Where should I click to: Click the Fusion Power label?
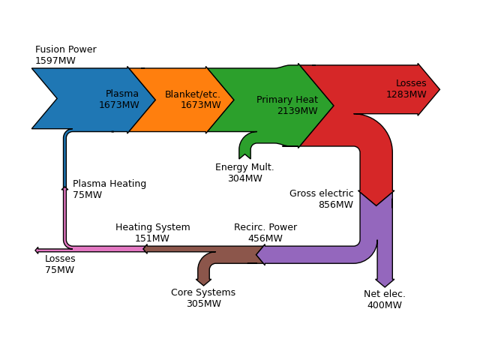pos(66,49)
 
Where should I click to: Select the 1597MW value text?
pos(55,61)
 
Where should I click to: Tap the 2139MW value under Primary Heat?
pos(298,111)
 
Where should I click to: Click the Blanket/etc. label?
pos(193,94)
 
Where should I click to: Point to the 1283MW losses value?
pos(406,94)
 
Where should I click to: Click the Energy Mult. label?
pos(244,167)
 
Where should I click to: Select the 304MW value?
pos(245,178)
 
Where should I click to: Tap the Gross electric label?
pos(322,193)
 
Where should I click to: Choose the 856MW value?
pos(336,205)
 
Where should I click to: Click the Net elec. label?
pos(385,294)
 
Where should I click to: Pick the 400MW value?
pos(385,305)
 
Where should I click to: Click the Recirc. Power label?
pos(265,227)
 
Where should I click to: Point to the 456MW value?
pos(265,238)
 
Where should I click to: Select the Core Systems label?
pos(203,292)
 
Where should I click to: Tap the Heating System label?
pos(153,227)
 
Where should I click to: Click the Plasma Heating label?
pos(109,184)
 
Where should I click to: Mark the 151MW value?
pos(152,238)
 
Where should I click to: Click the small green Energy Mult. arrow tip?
pos(245,157)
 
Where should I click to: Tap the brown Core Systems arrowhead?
pos(203,282)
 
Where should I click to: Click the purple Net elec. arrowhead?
pos(385,283)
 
